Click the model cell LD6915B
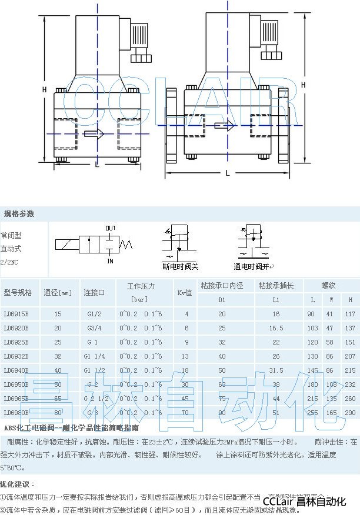click(x=16, y=314)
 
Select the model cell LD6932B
click(x=16, y=356)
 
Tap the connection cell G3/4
click(x=95, y=328)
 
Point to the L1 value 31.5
click(x=276, y=370)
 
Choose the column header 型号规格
click(x=18, y=292)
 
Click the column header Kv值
click(x=185, y=292)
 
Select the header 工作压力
click(x=141, y=286)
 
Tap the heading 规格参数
click(x=19, y=213)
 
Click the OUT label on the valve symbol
click(x=110, y=228)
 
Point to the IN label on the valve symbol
click(x=110, y=260)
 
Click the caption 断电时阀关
click(x=181, y=266)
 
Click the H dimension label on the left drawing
click(x=44, y=89)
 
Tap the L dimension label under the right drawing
click(x=228, y=173)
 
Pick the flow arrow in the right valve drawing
click(x=224, y=125)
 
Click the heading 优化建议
click(x=17, y=484)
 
